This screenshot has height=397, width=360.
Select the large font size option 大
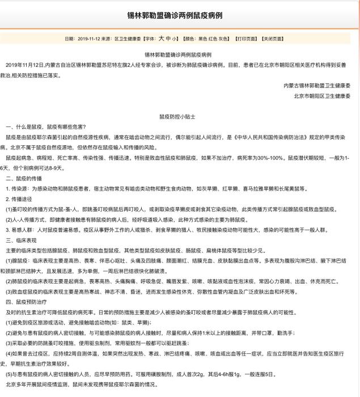(x=161, y=39)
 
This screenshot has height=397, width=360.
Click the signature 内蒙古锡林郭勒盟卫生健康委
(x=317, y=86)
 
